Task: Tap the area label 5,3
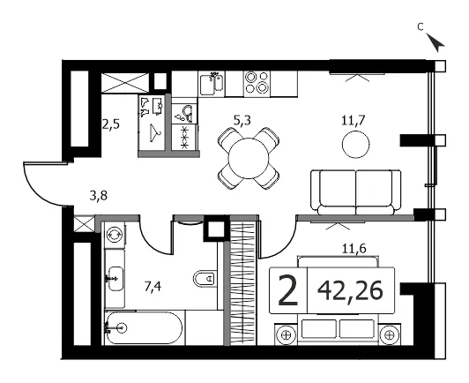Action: pos(242,121)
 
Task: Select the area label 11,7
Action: pos(354,121)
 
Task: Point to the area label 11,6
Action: pos(354,249)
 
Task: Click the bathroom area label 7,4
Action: pos(153,287)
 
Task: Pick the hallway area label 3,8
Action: pos(99,196)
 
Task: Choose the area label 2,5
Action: pos(111,124)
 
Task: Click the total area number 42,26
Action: pos(350,290)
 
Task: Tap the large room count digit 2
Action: pos(288,291)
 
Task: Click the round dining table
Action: pos(249,159)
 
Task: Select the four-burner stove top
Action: pos(257,82)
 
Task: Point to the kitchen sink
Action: pos(212,84)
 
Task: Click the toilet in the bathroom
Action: pos(205,279)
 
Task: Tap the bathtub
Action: pos(144,328)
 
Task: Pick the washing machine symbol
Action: pos(115,234)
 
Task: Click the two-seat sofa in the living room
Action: pos(355,192)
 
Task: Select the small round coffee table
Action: pos(355,144)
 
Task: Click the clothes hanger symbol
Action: pos(155,132)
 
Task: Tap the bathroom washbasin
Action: pos(115,279)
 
